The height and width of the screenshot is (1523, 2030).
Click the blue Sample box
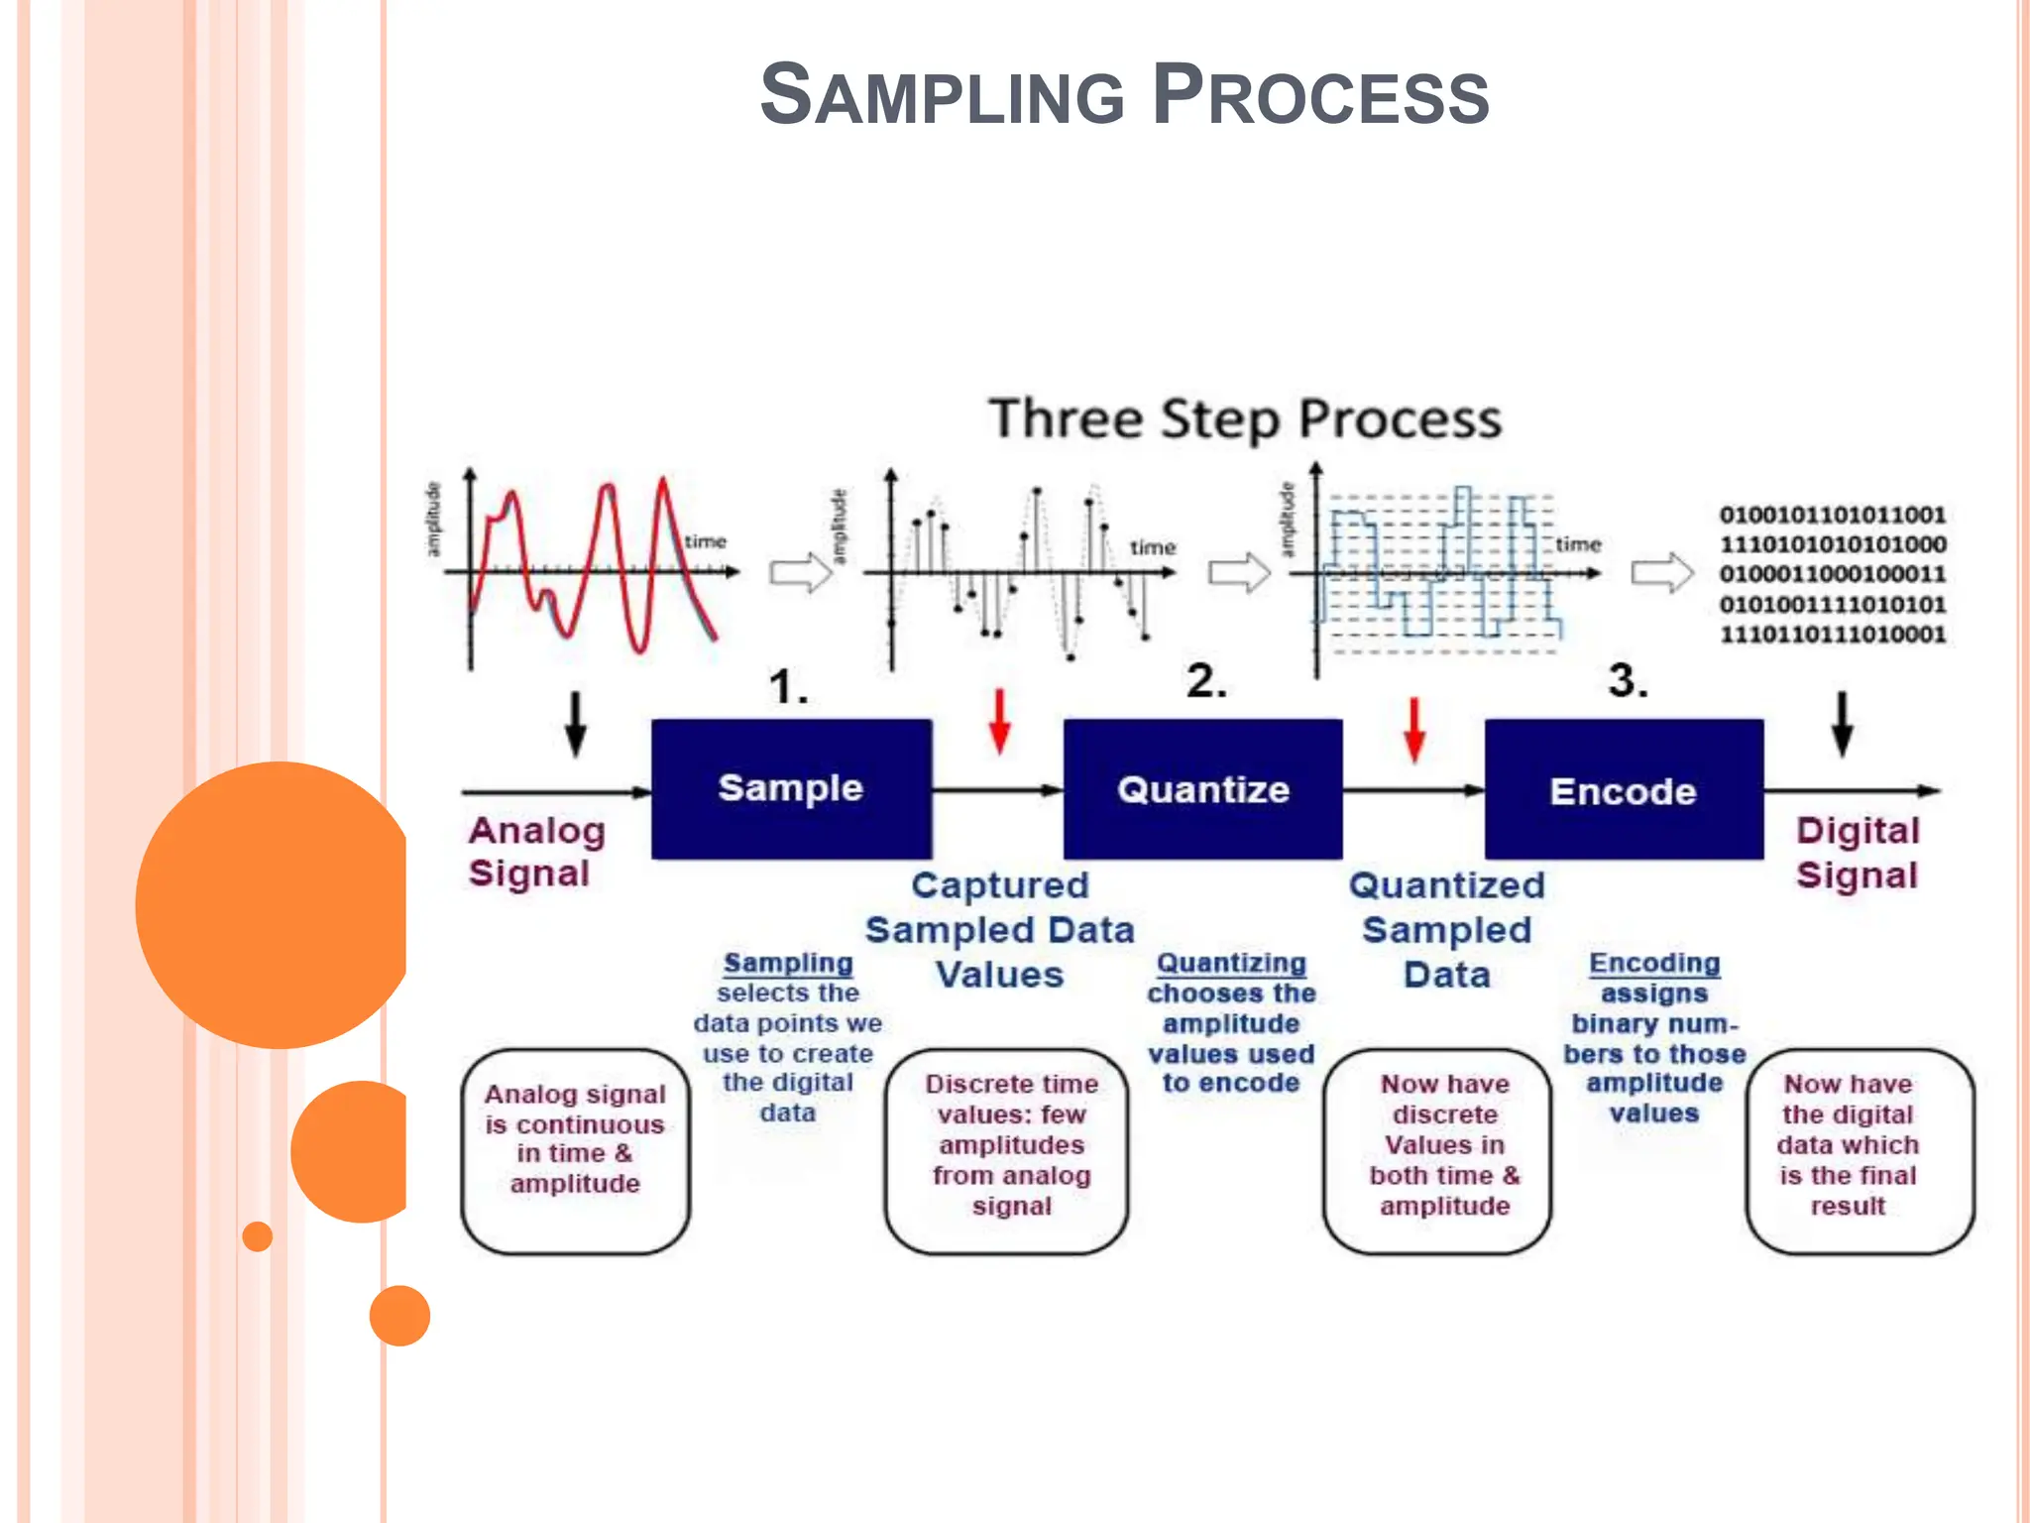pos(791,788)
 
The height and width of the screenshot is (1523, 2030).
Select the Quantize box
pos(1202,789)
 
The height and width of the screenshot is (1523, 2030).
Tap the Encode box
pos(1624,790)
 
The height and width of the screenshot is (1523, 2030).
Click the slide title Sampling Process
pos(1124,95)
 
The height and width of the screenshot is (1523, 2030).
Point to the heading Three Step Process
pos(1245,418)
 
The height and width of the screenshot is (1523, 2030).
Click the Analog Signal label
pos(536,852)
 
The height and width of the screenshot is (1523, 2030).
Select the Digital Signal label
pos(1858,853)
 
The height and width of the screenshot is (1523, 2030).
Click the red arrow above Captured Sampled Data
pos(1000,721)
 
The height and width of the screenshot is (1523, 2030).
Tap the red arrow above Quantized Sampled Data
pos(1414,729)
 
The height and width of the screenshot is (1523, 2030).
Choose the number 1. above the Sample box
pos(788,686)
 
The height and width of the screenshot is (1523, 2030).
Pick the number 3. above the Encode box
pos(1628,680)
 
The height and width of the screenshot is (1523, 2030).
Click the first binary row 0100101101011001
pos(1832,515)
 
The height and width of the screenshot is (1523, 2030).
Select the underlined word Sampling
pos(788,963)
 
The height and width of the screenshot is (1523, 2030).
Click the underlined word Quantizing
pos(1231,963)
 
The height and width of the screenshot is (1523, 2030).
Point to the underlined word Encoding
pos(1654,963)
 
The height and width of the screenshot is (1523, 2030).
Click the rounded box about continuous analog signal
pos(575,1151)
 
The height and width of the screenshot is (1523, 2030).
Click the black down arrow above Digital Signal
pos(1842,724)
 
